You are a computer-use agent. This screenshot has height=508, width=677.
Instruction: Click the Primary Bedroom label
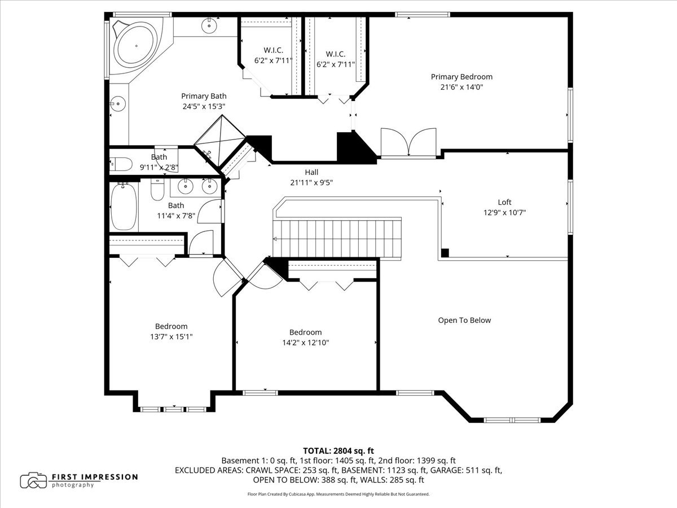[x=461, y=77]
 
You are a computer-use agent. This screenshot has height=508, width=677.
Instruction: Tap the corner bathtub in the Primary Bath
[x=136, y=46]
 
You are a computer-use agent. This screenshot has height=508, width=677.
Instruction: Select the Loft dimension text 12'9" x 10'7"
[x=504, y=213]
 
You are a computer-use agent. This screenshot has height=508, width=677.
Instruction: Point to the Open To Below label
[x=464, y=320]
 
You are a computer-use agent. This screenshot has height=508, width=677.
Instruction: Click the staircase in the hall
[x=337, y=238]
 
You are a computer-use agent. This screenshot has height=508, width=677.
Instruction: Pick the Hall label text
[x=311, y=172]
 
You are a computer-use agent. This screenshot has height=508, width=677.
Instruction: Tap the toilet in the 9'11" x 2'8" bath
[x=121, y=164]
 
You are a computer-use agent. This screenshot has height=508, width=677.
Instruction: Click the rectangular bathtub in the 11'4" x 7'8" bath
[x=124, y=206]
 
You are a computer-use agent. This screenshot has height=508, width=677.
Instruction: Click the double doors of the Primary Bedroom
[x=408, y=142]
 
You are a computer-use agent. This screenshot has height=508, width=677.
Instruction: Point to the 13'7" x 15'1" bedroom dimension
[x=171, y=336]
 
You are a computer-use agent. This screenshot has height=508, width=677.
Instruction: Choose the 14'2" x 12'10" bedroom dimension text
[x=306, y=343]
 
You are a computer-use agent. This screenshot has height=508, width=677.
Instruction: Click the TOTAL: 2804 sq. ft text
[x=338, y=451]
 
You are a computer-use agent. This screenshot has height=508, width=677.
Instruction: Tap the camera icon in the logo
[x=33, y=480]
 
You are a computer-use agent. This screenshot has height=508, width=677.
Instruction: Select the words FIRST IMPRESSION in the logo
[x=95, y=477]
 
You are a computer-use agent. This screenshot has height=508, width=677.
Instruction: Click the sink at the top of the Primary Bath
[x=209, y=25]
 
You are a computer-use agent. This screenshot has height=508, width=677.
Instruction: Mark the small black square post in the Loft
[x=445, y=253]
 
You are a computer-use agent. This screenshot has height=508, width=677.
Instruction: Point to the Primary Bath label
[x=204, y=96]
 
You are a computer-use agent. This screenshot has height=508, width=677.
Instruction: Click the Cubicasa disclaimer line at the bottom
[x=338, y=494]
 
